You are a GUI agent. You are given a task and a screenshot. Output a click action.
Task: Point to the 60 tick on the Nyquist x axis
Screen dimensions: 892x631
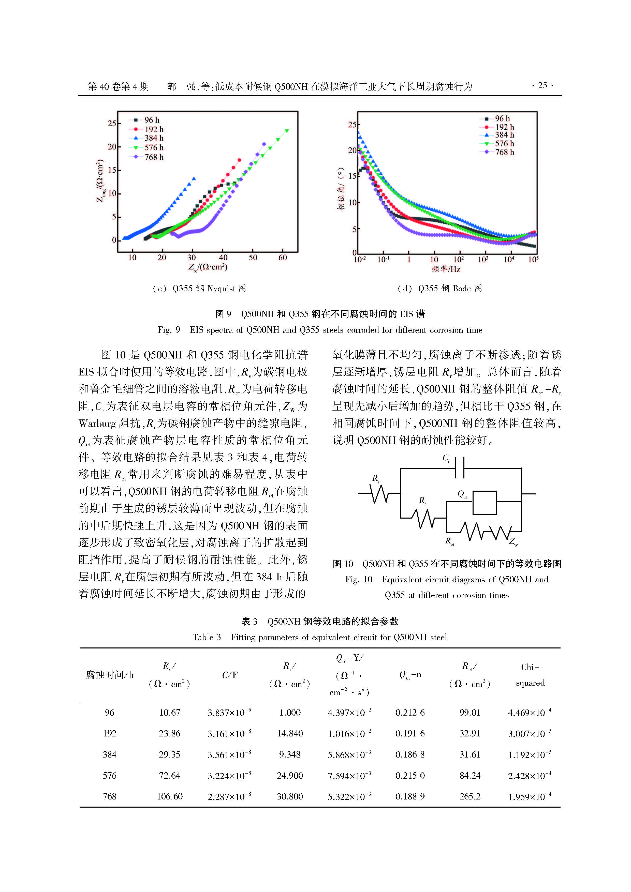coord(283,258)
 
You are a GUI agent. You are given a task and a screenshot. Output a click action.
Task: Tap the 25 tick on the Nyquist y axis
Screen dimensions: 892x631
coord(112,124)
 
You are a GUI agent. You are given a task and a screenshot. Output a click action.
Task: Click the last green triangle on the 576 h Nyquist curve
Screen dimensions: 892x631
coord(287,131)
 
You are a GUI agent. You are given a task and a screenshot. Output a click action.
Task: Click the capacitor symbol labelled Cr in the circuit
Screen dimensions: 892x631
coord(460,467)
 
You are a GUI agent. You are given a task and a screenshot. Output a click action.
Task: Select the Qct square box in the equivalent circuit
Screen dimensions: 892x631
coord(485,503)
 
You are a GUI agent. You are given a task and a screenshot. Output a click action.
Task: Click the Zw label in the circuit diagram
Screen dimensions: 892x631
coord(513,541)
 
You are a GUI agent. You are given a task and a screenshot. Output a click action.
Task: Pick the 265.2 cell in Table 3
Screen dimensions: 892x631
coord(470,796)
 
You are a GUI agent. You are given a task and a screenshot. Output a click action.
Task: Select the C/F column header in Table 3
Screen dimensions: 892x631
coord(229,675)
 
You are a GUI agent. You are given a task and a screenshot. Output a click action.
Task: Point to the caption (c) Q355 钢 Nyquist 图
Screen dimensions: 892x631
coord(199,288)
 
